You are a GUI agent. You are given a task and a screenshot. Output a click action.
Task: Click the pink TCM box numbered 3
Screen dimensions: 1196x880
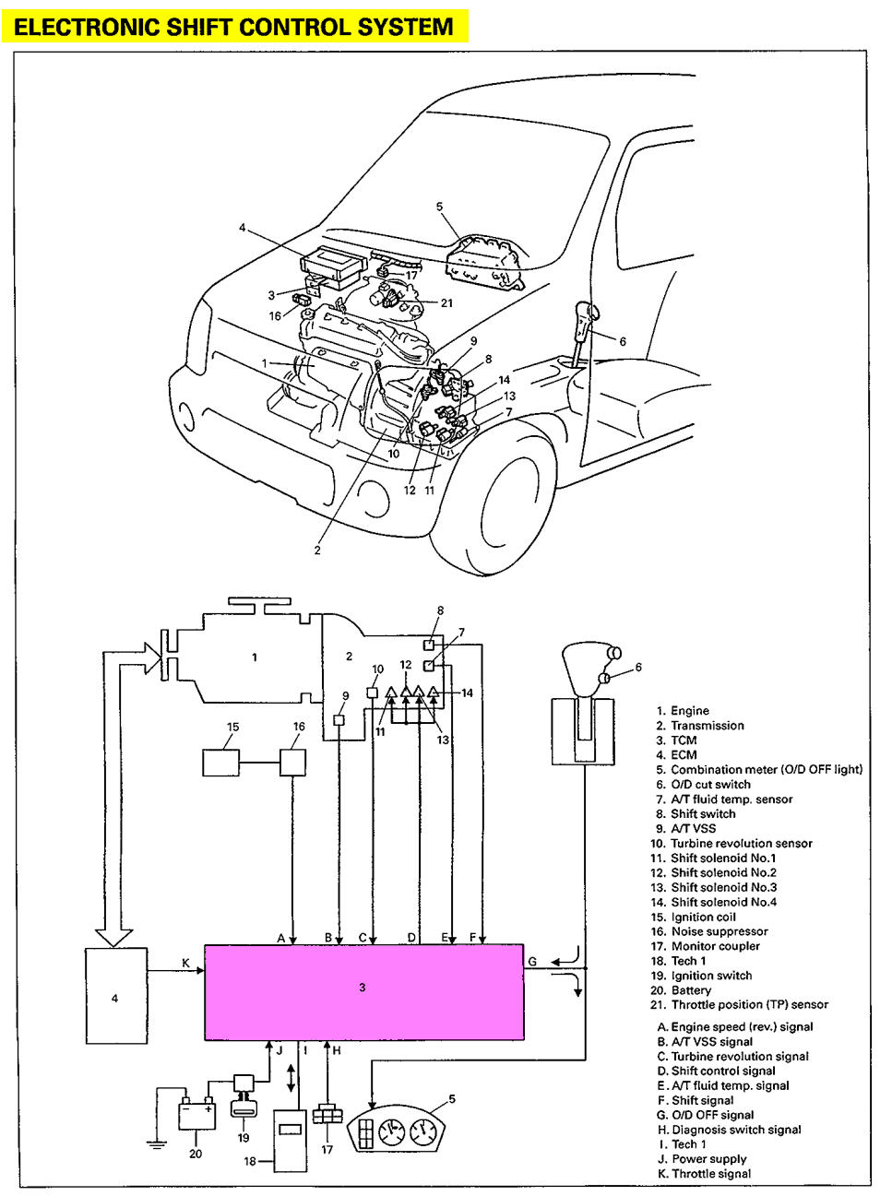(x=363, y=992)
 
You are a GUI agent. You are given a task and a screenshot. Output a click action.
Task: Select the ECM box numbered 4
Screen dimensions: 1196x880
(x=114, y=998)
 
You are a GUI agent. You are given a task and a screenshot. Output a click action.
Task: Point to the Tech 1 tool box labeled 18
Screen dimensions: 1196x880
(x=290, y=1139)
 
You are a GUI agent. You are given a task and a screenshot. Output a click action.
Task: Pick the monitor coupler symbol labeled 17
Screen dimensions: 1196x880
(x=327, y=1115)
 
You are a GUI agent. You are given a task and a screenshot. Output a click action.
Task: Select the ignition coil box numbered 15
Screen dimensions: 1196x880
(x=220, y=763)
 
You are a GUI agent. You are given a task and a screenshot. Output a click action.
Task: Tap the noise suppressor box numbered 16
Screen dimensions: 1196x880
(x=292, y=763)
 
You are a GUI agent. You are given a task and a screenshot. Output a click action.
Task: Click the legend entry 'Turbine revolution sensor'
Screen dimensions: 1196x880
(x=741, y=843)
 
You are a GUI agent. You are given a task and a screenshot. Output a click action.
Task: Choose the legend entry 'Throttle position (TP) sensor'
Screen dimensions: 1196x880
(x=749, y=1004)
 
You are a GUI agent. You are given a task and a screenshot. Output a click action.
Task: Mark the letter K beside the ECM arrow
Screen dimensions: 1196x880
(x=185, y=963)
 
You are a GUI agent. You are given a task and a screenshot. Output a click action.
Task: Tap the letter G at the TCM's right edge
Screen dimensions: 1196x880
(x=532, y=962)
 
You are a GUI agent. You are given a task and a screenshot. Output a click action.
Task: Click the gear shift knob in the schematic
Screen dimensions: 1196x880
(x=583, y=669)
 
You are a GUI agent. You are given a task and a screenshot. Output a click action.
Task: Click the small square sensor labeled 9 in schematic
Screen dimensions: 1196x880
(x=339, y=719)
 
